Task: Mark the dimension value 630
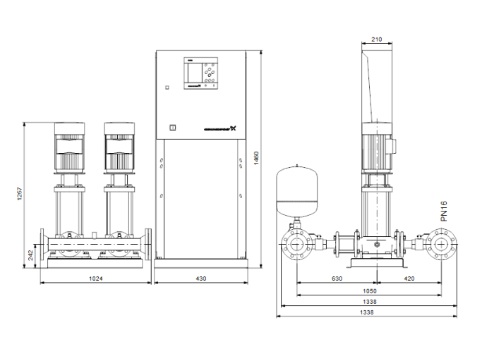click(337, 279)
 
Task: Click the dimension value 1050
click(370, 290)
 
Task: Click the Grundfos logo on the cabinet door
click(218, 128)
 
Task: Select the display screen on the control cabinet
click(193, 72)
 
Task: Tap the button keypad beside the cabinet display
click(210, 72)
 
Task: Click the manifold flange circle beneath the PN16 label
click(442, 246)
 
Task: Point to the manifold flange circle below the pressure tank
click(296, 246)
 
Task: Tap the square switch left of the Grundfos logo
click(171, 128)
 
